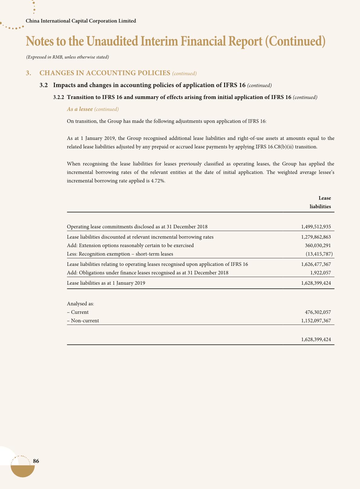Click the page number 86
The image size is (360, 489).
36,461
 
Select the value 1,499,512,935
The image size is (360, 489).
316,226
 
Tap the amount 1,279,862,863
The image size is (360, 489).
316,237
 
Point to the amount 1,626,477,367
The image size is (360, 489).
316,264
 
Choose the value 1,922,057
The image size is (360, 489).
320,273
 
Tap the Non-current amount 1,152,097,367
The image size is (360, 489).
316,320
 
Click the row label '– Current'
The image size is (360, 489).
78,312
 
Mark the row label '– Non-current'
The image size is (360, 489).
83,320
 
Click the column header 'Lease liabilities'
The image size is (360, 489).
320,202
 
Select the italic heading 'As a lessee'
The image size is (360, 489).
80,109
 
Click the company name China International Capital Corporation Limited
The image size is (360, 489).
81,21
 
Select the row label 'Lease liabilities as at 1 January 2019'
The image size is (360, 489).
106,283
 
